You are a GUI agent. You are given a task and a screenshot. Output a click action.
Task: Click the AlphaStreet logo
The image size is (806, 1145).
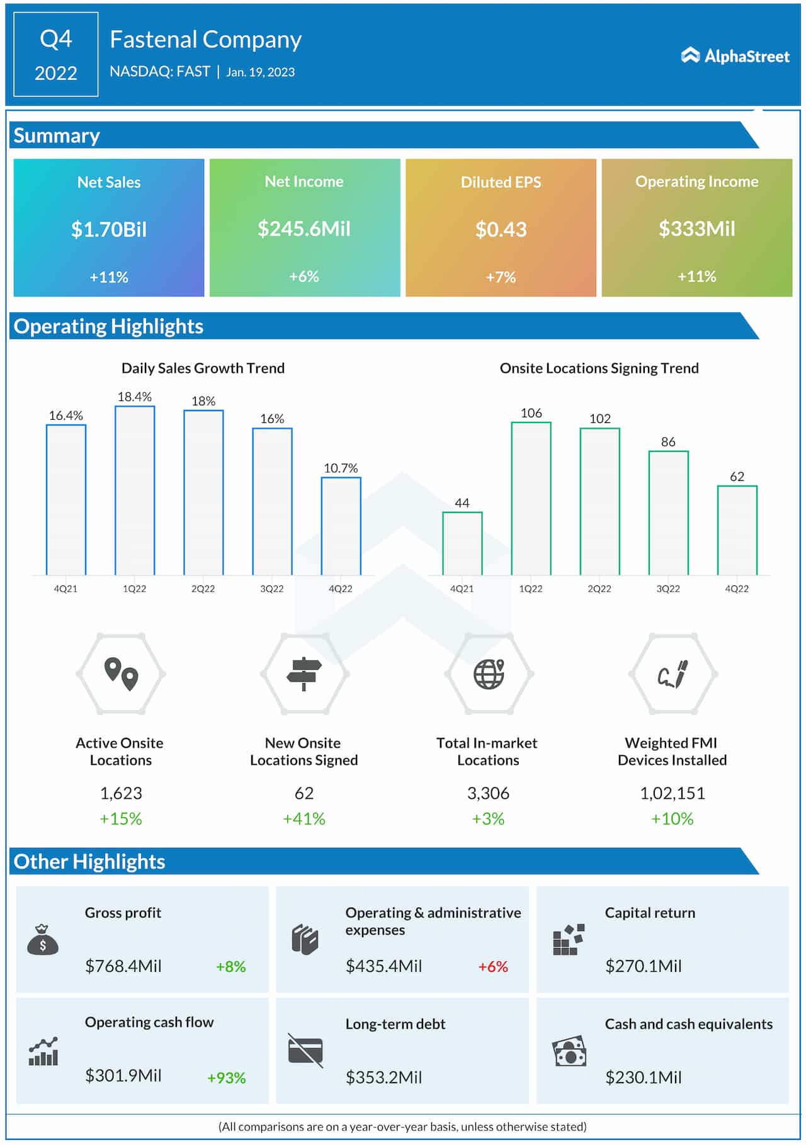pos(735,56)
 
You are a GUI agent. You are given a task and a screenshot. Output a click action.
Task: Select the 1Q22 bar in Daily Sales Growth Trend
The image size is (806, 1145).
pos(135,490)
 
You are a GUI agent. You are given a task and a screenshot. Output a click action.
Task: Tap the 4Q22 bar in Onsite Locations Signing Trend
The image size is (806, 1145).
pos(737,530)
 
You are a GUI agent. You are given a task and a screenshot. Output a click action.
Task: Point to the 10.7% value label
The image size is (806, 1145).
pos(341,468)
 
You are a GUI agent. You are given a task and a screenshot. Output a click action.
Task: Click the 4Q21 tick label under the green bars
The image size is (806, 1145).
pos(462,589)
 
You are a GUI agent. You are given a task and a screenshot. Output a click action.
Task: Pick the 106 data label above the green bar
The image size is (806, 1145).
pos(531,413)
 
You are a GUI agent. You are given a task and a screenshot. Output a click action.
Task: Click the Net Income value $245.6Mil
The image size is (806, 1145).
pos(304,228)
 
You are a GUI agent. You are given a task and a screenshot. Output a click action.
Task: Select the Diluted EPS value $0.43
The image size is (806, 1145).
pos(501,229)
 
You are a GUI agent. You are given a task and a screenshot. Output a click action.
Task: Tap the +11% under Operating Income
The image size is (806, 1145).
pos(696,276)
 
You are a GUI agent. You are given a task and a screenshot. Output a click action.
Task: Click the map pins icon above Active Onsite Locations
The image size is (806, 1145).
pos(121,674)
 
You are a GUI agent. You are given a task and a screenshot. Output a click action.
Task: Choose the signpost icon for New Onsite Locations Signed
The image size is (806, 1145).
pos(304,674)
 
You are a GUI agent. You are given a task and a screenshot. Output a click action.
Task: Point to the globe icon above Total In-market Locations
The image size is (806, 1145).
pos(489,674)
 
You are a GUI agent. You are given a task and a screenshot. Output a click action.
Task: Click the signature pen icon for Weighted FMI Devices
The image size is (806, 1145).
pos(673,674)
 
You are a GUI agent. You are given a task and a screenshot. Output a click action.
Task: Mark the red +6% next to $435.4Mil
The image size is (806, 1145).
pos(492,966)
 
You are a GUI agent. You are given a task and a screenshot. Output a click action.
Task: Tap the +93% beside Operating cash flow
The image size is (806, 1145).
pos(227,1078)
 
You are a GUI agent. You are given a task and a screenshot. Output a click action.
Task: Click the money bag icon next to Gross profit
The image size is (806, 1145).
pos(43,939)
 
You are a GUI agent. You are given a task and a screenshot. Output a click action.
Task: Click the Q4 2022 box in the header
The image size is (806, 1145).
pos(56,55)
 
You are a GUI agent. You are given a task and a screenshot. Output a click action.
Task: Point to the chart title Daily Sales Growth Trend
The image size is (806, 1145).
pos(203,368)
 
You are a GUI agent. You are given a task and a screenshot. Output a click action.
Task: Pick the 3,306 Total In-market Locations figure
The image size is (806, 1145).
pos(488,793)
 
